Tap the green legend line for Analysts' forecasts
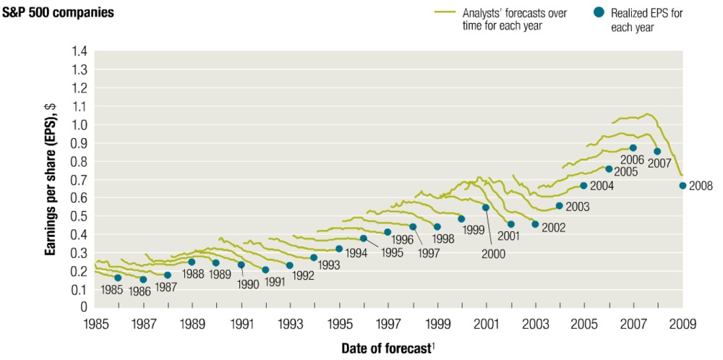[x=445, y=13]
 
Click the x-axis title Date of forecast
[x=387, y=348]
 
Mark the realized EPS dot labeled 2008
[x=683, y=186]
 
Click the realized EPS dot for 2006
[x=633, y=148]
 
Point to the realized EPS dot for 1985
[x=118, y=278]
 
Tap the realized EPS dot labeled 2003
[x=559, y=205]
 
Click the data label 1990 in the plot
[x=247, y=285]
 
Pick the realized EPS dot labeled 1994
[x=339, y=249]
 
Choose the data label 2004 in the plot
[x=602, y=186]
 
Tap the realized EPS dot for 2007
[x=657, y=152]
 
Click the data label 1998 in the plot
[x=443, y=238]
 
